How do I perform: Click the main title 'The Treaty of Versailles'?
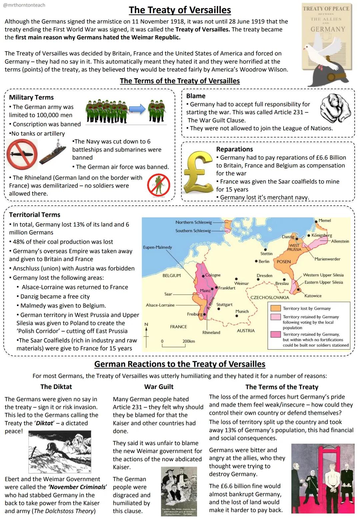(180, 10)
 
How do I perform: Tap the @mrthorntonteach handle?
(24, 5)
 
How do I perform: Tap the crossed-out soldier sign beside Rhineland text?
(159, 185)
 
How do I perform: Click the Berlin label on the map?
(264, 261)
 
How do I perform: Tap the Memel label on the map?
(324, 221)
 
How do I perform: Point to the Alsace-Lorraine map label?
(160, 305)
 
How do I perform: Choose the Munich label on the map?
(242, 311)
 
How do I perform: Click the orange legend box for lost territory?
(275, 308)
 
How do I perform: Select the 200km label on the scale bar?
(189, 341)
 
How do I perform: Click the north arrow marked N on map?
(146, 330)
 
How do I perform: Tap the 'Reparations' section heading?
(234, 149)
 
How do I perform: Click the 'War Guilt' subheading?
(159, 387)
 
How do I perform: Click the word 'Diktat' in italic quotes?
(45, 423)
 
